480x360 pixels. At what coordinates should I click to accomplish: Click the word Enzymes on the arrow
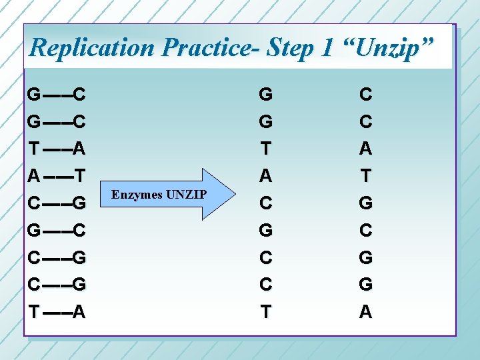pyautogui.click(x=137, y=195)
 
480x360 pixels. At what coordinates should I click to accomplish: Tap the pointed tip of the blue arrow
pyautogui.click(x=235, y=195)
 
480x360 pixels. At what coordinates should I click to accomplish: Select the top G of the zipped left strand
pyautogui.click(x=33, y=95)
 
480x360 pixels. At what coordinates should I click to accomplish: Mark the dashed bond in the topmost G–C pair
pyautogui.click(x=55, y=95)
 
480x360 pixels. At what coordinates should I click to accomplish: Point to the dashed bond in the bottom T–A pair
pyautogui.click(x=55, y=312)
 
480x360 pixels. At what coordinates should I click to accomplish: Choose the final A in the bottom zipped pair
pyautogui.click(x=79, y=312)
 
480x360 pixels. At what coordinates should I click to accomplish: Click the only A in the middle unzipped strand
pyautogui.click(x=265, y=176)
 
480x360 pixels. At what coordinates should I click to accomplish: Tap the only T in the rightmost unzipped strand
pyautogui.click(x=365, y=176)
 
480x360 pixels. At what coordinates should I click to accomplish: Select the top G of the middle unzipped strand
pyautogui.click(x=265, y=95)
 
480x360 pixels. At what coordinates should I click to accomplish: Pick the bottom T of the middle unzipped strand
pyautogui.click(x=265, y=312)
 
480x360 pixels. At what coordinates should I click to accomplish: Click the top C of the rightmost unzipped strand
pyautogui.click(x=365, y=95)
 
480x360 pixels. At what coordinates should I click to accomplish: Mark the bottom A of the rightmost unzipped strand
pyautogui.click(x=365, y=312)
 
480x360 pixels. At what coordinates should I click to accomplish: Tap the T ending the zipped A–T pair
pyautogui.click(x=79, y=177)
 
